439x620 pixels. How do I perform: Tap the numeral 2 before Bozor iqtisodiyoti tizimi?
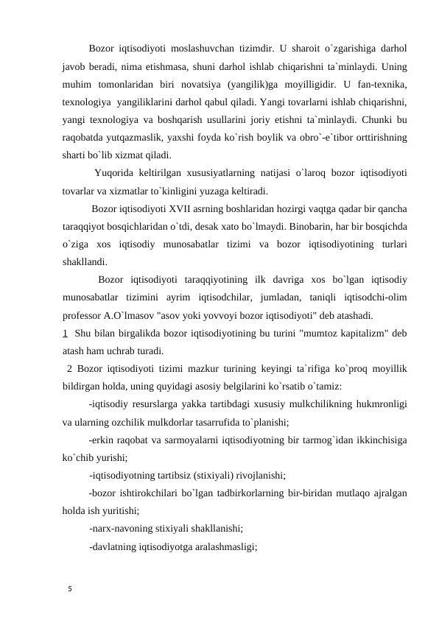click(69, 370)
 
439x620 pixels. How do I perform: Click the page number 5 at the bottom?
click(68, 589)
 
